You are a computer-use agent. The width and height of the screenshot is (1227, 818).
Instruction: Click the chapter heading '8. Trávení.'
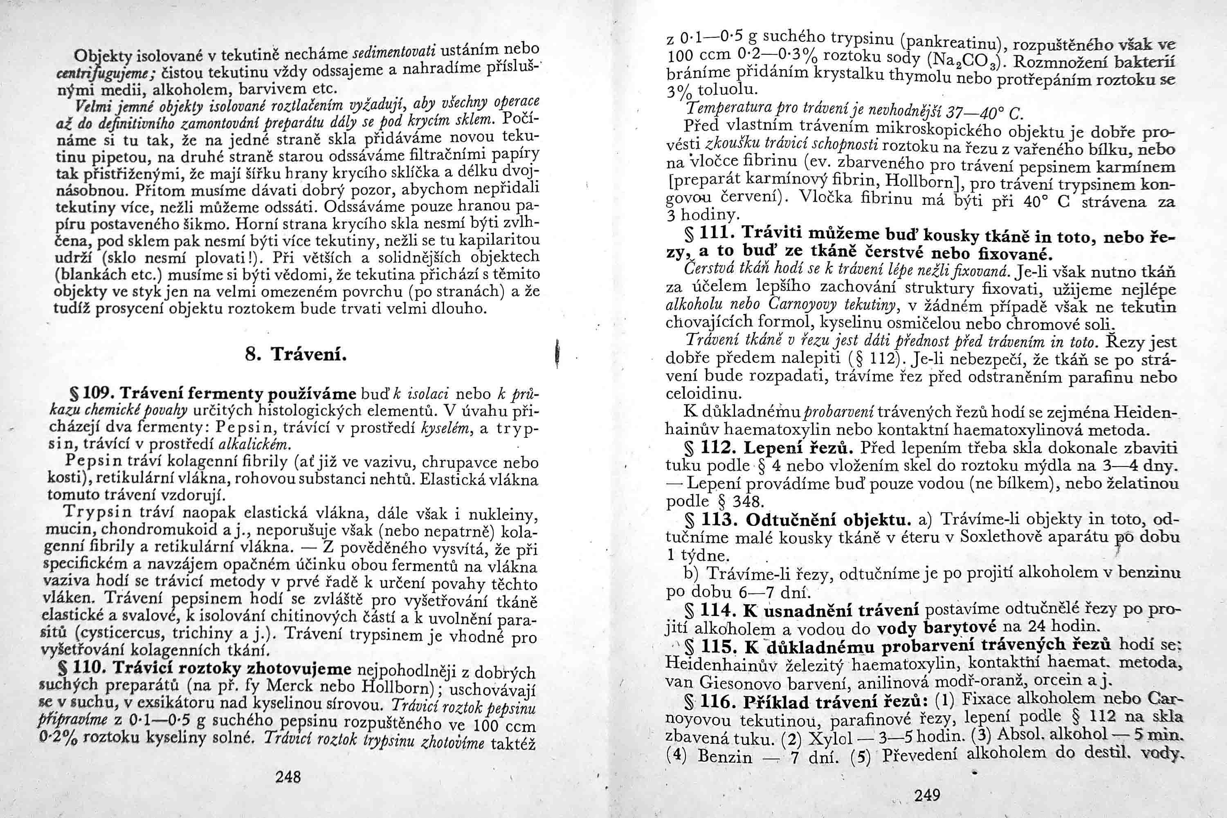(x=296, y=355)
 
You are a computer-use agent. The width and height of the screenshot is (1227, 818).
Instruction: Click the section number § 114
(x=712, y=611)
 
